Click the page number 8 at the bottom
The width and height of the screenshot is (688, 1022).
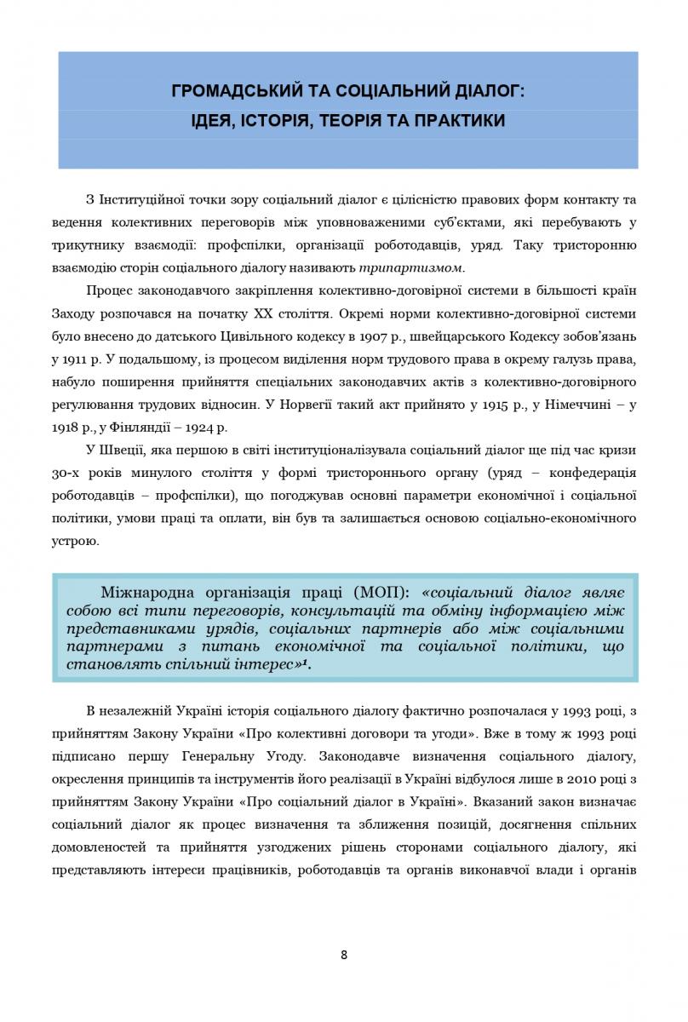[344, 954]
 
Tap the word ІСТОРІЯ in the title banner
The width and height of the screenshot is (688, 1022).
[277, 121]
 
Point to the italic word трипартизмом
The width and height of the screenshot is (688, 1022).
[431, 268]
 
